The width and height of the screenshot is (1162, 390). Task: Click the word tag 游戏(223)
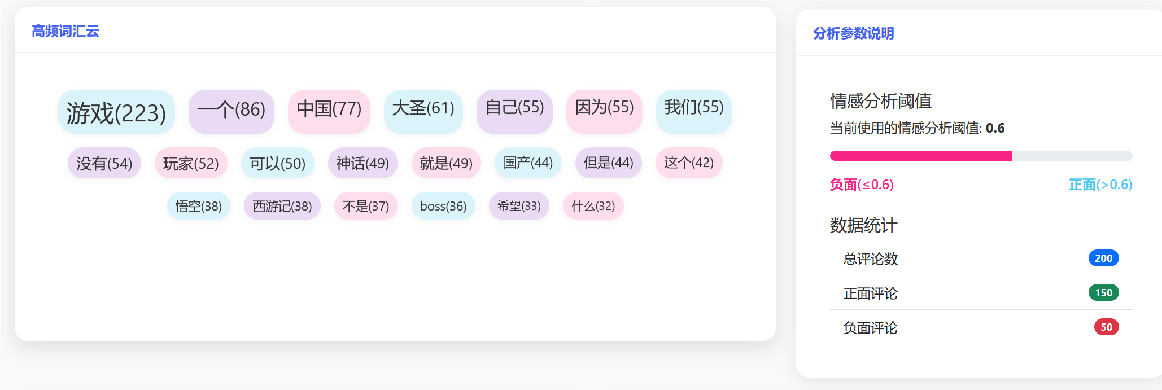coord(116,112)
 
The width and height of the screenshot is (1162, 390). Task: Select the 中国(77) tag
coord(329,108)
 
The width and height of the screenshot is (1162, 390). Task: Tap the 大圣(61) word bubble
coord(423,108)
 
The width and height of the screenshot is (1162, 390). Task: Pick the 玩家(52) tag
coord(191,163)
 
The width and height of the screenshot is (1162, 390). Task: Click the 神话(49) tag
coord(362,163)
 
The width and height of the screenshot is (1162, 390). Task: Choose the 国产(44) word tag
coord(528,163)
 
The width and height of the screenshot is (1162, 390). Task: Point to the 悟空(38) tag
coord(198,206)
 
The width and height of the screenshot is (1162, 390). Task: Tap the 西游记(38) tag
coord(282,206)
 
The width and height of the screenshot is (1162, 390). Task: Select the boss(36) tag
coord(443,206)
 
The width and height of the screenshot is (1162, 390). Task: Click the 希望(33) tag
coord(519,206)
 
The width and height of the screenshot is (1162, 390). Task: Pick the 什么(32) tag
coord(593,206)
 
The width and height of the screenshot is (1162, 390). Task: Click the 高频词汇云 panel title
coord(65,31)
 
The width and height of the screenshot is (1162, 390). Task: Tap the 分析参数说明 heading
coord(853,33)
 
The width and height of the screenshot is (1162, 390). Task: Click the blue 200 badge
coord(1103,258)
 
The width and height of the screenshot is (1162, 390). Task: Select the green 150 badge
coord(1103,292)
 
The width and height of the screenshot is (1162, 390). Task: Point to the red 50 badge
coord(1106,327)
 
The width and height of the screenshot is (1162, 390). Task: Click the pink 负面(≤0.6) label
coord(862,185)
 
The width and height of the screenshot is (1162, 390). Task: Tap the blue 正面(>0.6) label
coord(1100,185)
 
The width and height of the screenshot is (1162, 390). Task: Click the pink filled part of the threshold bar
coord(920,156)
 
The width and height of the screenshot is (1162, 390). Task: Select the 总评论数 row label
coord(870,259)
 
